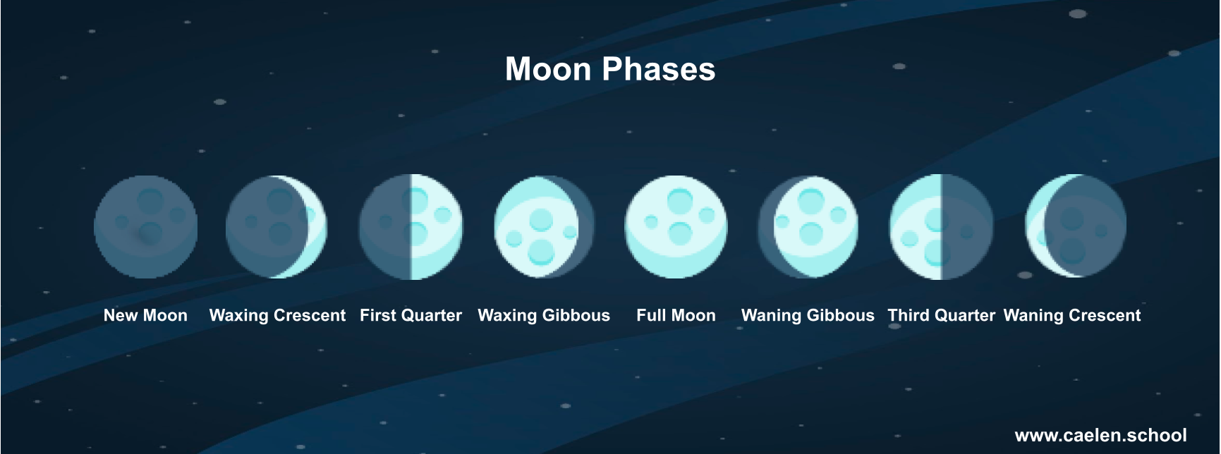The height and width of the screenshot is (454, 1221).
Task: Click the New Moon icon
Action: [x=146, y=227]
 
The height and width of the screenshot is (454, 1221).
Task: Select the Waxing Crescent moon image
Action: [x=277, y=227]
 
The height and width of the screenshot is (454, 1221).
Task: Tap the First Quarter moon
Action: [x=411, y=227]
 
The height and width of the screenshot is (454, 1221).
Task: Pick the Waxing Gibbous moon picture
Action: [x=544, y=227]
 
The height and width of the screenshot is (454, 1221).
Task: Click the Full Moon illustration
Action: [x=676, y=227]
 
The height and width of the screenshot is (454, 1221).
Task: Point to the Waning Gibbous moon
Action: [x=808, y=227]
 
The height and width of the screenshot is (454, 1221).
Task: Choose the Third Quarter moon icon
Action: [x=941, y=227]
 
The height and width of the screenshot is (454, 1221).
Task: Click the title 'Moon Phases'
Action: [x=610, y=70]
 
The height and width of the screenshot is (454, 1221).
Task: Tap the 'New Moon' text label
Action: [x=145, y=316]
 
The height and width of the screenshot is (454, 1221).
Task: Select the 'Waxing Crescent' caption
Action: [x=277, y=316]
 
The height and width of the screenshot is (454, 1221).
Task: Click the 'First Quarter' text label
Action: [x=411, y=316]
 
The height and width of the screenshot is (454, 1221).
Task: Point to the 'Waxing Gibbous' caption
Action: [x=544, y=316]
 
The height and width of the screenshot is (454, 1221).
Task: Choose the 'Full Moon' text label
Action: [x=676, y=316]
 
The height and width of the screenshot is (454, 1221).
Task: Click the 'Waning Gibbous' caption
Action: [x=808, y=316]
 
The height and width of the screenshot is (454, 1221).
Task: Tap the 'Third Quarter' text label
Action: [x=941, y=316]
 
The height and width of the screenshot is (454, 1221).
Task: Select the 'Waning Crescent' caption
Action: [x=1072, y=316]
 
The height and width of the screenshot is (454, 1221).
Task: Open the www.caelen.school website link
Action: [x=1100, y=436]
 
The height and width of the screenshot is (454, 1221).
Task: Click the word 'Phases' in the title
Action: [x=659, y=70]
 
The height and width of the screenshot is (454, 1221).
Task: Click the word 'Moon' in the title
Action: [x=548, y=70]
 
